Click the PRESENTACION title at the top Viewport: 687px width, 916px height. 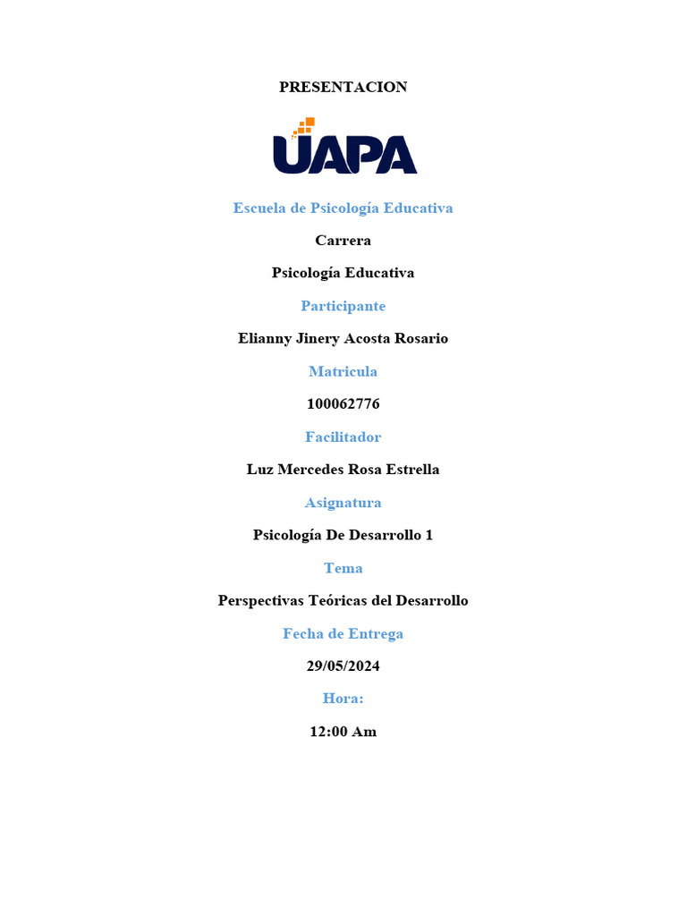click(x=343, y=87)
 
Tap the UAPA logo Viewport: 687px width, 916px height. click(x=344, y=153)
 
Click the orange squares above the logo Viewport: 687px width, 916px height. click(x=305, y=126)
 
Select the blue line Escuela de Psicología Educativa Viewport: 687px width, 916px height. click(x=343, y=208)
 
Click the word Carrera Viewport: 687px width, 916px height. click(x=343, y=241)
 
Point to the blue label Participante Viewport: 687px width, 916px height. click(x=343, y=306)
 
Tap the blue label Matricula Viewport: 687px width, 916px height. click(x=343, y=371)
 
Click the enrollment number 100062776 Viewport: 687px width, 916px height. click(x=343, y=404)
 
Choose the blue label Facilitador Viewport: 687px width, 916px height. click(x=343, y=437)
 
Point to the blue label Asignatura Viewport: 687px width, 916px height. click(x=343, y=503)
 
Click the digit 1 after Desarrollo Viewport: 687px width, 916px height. click(x=428, y=535)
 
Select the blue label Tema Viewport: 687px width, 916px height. click(x=343, y=568)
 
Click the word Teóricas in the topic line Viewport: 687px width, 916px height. click(x=339, y=601)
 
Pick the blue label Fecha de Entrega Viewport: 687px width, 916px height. click(x=343, y=634)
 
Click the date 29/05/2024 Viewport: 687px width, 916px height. click(x=343, y=666)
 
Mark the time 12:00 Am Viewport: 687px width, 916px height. click(x=343, y=732)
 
